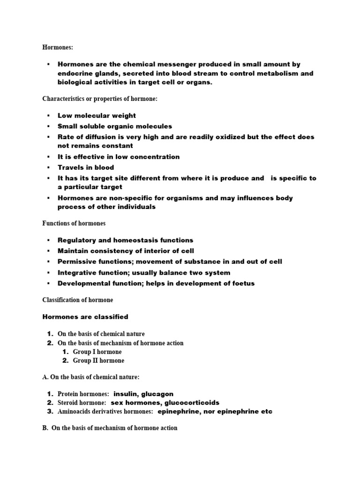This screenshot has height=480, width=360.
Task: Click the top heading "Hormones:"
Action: [58, 47]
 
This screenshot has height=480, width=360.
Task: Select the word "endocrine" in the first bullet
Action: [75, 74]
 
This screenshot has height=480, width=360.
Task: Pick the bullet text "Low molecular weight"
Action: [97, 115]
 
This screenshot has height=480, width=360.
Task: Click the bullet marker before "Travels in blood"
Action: [48, 167]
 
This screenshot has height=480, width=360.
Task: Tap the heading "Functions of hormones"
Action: [74, 223]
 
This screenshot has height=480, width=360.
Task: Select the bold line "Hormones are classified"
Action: [85, 317]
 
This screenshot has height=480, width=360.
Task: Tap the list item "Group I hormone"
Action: [97, 352]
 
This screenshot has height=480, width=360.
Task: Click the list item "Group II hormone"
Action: [98, 360]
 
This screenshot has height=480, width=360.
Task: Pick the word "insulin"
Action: [127, 394]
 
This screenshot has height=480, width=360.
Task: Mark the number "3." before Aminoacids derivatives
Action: [50, 412]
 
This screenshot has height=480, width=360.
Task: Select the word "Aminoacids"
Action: [74, 412]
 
